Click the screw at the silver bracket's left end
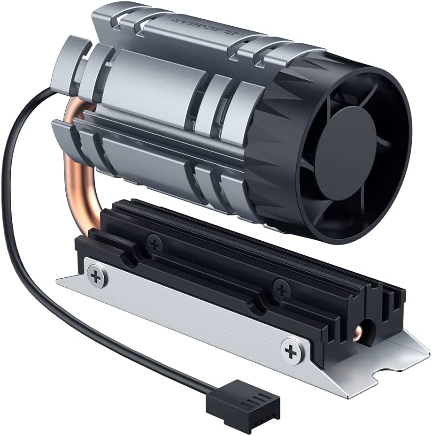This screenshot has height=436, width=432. point(96,277)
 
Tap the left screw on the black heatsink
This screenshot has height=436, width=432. point(154,243)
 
